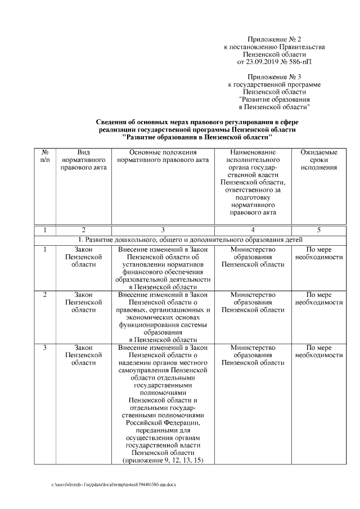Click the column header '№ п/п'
tap(45, 157)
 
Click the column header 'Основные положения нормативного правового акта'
tap(163, 157)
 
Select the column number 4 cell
tap(253, 229)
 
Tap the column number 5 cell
tap(318, 229)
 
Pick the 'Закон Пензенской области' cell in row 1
tap(83, 256)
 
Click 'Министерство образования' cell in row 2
tap(253, 302)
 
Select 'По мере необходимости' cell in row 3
tap(318, 352)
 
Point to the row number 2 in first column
tap(45, 294)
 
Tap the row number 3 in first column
tap(45, 348)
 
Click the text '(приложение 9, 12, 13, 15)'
tap(163, 460)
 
